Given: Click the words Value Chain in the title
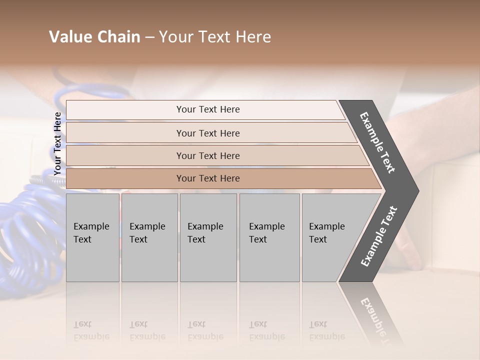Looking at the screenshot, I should point(94,37).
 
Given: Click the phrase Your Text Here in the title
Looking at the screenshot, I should point(215,37).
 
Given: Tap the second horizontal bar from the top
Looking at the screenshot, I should point(207,133).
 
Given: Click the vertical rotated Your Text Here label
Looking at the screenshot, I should point(57,143).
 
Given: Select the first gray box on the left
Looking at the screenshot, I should point(92,237).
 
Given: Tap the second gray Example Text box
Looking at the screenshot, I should point(149,237).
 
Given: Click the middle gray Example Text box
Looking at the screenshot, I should point(207,237).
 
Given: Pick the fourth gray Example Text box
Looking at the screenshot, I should point(269,237).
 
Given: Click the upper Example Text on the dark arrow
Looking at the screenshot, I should point(377,142).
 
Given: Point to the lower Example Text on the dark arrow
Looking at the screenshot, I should point(378,236).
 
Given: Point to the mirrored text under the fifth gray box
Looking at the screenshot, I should point(326,330).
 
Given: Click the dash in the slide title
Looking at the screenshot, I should point(149,37).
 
